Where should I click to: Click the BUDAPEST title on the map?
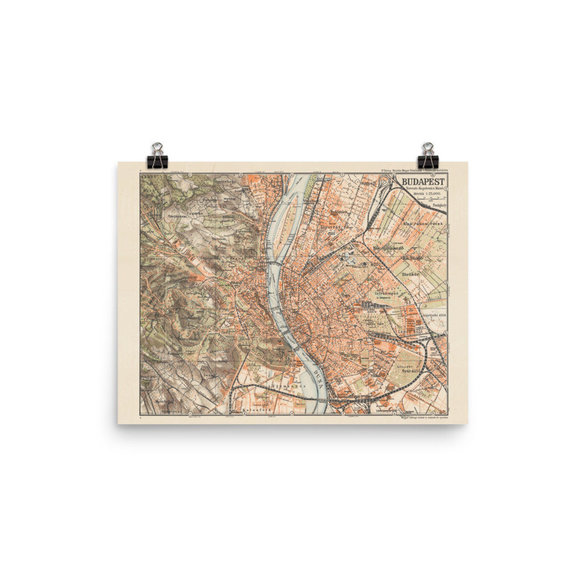423,182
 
